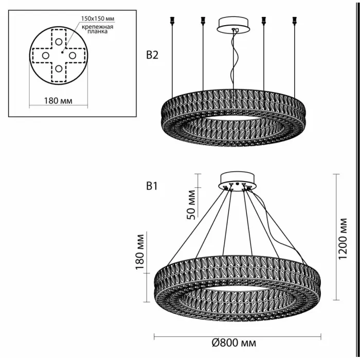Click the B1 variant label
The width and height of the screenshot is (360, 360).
152,187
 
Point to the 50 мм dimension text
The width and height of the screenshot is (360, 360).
191,205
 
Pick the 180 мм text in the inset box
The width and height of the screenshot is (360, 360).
59,100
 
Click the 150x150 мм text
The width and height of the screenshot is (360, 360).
97,19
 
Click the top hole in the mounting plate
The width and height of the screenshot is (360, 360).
59,42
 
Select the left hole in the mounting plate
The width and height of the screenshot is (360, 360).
45,55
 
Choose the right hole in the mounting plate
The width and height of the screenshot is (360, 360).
73,55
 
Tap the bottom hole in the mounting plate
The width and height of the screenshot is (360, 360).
59,68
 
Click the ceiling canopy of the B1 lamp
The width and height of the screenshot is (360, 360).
238,181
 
